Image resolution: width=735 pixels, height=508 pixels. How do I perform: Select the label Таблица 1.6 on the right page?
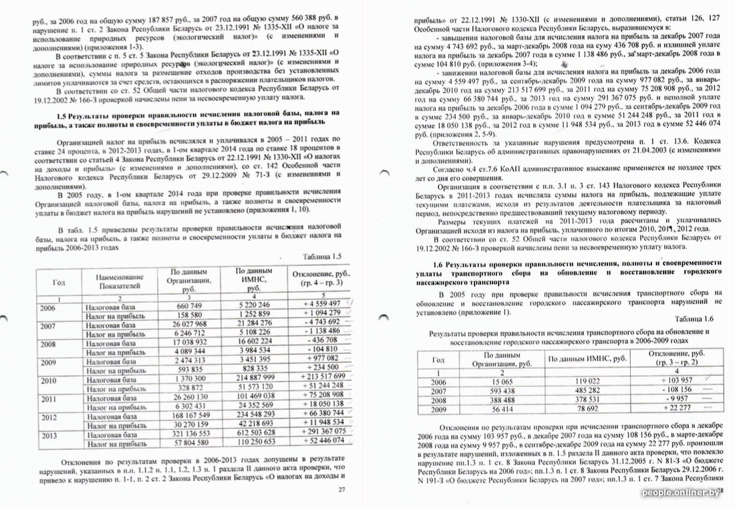coord(695,320)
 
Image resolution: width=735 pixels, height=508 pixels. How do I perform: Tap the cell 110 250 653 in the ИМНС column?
coord(253,442)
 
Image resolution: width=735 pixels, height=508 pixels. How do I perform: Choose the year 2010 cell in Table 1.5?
coord(48,380)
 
